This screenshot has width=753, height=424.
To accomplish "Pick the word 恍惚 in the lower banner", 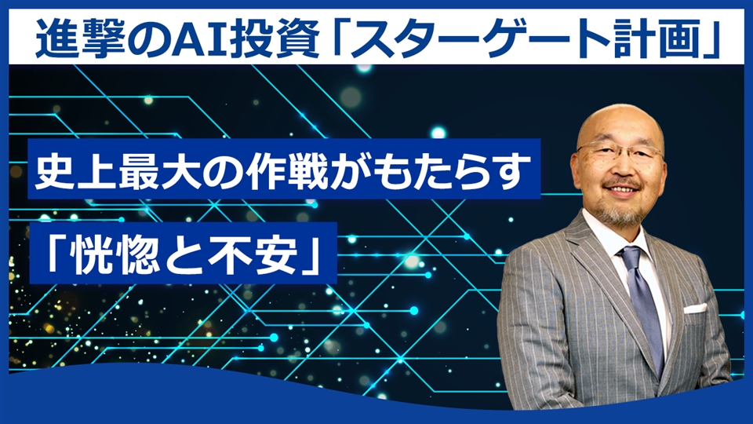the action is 101,254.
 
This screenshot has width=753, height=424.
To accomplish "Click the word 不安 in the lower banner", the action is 249,254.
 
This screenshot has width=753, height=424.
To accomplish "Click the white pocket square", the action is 695,308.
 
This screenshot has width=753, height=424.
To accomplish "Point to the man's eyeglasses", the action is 619,152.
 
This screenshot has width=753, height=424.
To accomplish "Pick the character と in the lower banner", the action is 175,254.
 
